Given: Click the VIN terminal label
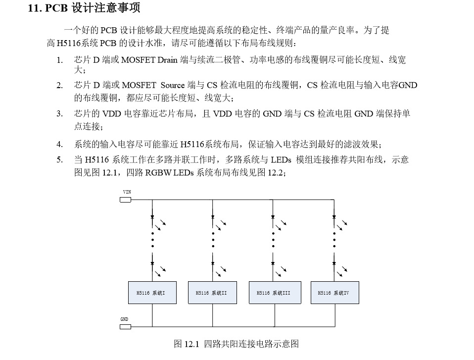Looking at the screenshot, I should click(x=127, y=192).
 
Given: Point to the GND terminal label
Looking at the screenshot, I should click(x=125, y=319).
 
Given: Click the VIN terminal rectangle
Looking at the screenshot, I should click(x=126, y=200).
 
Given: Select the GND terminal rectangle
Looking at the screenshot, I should click(x=126, y=327).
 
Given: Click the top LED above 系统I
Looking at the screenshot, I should click(x=152, y=217).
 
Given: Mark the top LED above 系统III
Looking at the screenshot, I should click(x=273, y=217).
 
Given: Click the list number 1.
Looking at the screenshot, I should click(x=59, y=60).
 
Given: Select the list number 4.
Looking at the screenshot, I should click(x=59, y=145).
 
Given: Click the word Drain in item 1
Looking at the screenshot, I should click(x=168, y=60).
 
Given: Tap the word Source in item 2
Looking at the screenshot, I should click(x=173, y=85).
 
